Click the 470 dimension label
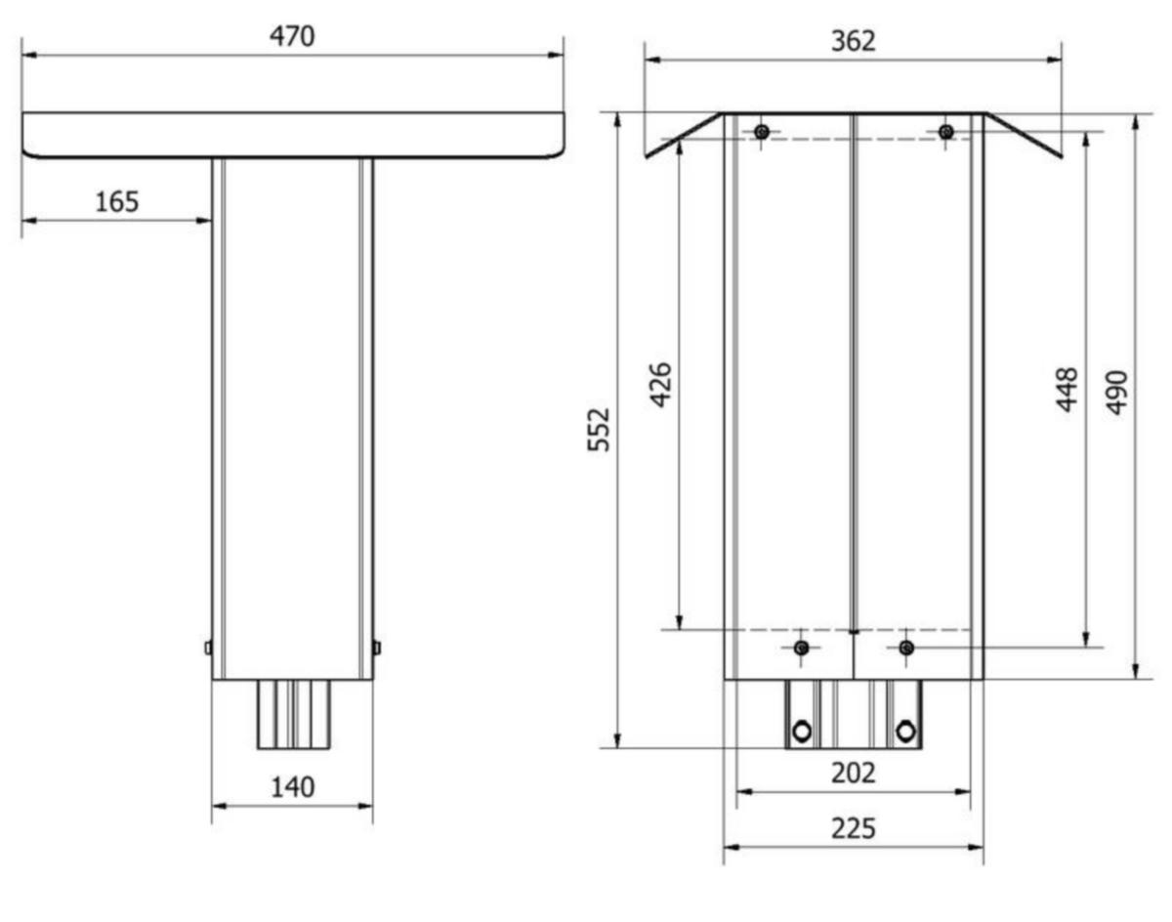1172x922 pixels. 292,36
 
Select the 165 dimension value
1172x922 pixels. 117,201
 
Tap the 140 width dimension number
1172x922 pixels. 292,787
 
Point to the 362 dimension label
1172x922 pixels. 853,41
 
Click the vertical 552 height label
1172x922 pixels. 599,430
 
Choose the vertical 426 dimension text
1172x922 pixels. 661,385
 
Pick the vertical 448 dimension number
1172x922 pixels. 1067,390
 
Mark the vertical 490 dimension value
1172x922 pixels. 1116,393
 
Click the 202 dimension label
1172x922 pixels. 853,773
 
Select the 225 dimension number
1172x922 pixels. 853,828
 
